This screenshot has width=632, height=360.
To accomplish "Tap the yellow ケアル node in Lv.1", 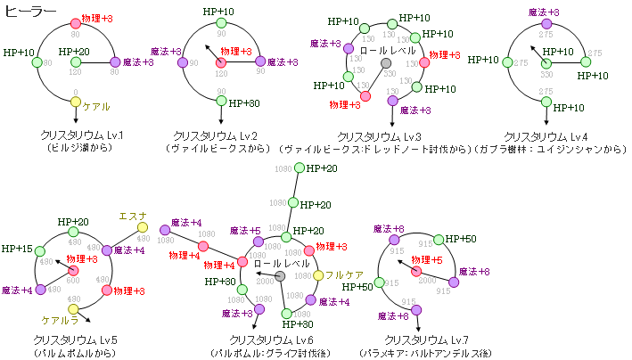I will point(76,102).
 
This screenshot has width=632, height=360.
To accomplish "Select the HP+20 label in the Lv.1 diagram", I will point(76,52).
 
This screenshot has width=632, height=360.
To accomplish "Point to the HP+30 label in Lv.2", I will point(242,103).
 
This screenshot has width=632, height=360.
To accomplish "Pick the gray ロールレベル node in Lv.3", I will point(386,63).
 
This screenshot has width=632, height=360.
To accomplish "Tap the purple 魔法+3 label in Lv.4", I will point(544,12).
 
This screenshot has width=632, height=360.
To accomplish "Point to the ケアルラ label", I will point(61,319).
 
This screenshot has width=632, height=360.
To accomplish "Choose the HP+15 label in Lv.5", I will point(18,250).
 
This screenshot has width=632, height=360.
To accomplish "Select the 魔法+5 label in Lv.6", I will point(244,231).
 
